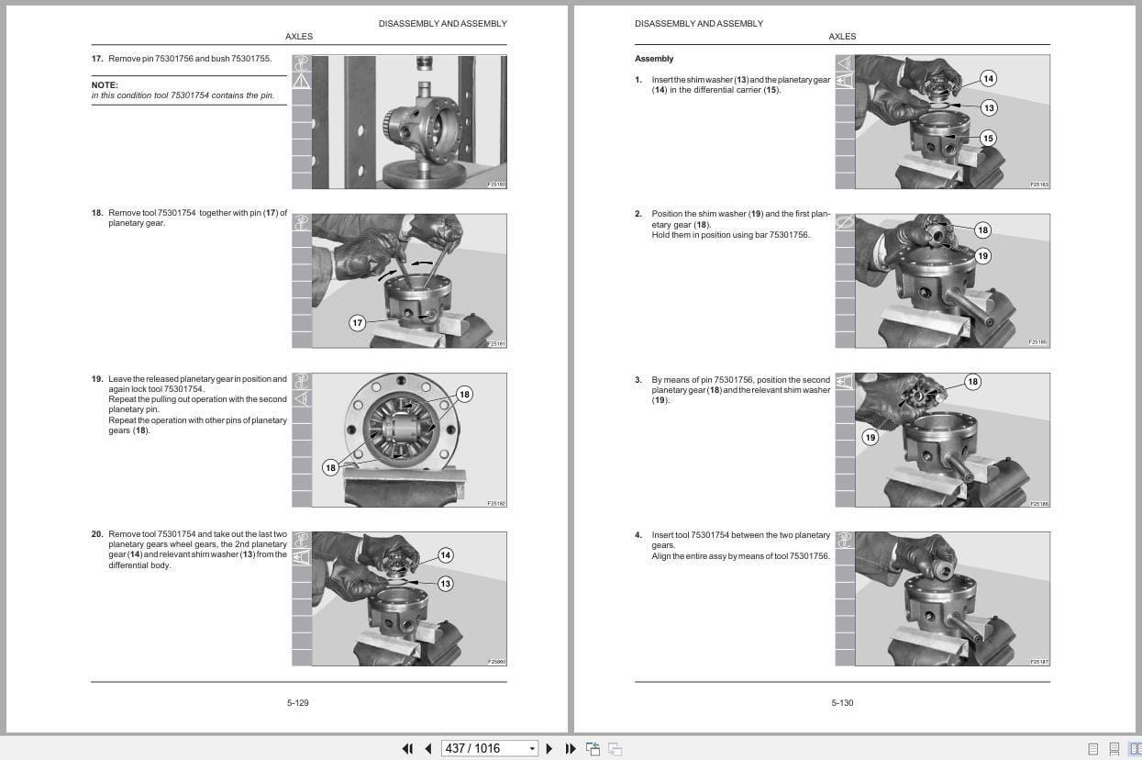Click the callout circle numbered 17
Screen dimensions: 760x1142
(358, 322)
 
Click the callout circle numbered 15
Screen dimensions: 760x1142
(987, 139)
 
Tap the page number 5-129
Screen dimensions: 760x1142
(297, 703)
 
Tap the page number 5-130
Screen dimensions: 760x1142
(842, 703)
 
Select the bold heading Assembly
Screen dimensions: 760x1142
(654, 59)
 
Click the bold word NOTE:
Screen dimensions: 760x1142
(105, 84)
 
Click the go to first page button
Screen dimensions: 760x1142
(407, 748)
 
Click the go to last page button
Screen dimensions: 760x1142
(570, 748)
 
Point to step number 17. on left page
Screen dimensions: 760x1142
(96, 59)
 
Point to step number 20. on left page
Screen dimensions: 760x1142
(96, 534)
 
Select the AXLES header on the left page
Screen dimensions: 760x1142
(299, 37)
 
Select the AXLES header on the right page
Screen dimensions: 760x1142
(842, 37)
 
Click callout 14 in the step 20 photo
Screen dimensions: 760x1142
(445, 555)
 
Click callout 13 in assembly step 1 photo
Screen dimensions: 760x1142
(988, 107)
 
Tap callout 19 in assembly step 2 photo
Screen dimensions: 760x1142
(982, 256)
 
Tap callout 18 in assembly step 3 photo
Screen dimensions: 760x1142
(972, 382)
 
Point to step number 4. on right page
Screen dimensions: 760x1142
(638, 535)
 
